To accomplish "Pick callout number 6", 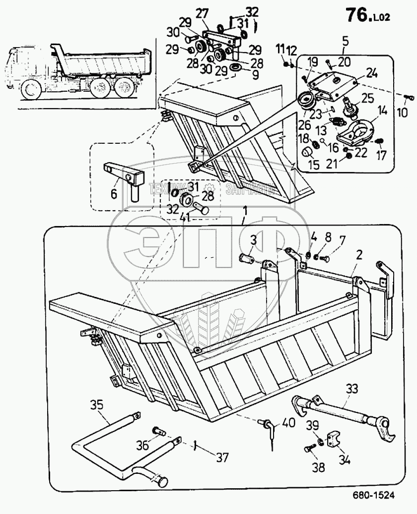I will coord(114,194).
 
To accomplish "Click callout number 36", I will coord(142,445).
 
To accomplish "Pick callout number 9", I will coord(242,75).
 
